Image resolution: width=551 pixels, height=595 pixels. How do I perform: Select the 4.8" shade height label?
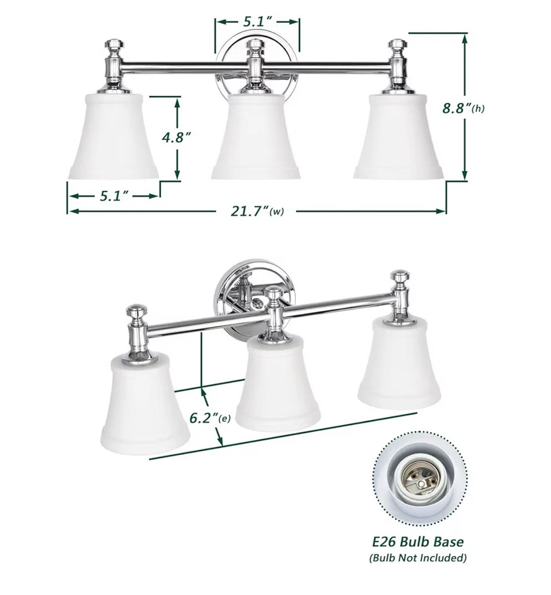[175, 138]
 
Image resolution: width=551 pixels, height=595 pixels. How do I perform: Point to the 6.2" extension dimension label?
[209, 418]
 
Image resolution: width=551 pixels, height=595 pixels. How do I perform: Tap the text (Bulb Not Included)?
[419, 558]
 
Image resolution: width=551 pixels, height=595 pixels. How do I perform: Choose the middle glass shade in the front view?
[256, 136]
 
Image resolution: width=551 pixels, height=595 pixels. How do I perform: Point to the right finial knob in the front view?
[397, 45]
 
